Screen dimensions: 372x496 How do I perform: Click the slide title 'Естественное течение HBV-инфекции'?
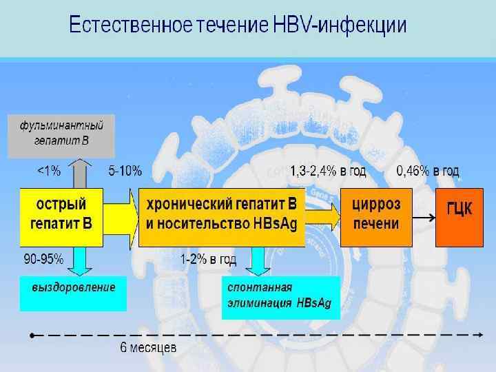[238, 25]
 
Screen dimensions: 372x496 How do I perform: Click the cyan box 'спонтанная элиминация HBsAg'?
[281, 297]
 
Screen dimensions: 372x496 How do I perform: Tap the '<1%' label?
[48, 170]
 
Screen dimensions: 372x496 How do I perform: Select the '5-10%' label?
[125, 170]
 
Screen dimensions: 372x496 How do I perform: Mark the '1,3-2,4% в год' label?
[328, 170]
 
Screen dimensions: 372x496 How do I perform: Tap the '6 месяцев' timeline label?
[148, 348]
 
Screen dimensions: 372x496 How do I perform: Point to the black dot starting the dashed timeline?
[32, 335]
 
